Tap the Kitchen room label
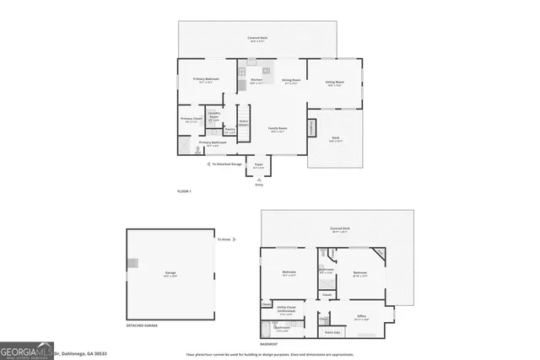(x=256, y=80)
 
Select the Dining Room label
(x=291, y=80)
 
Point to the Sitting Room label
(x=335, y=83)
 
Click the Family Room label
(x=278, y=128)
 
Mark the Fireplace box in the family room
(x=311, y=127)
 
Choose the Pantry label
(x=229, y=129)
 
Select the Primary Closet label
(x=191, y=119)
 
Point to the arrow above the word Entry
(x=259, y=177)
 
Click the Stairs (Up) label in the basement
(x=332, y=332)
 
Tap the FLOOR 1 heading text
(x=184, y=192)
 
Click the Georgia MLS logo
(x=27, y=349)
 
